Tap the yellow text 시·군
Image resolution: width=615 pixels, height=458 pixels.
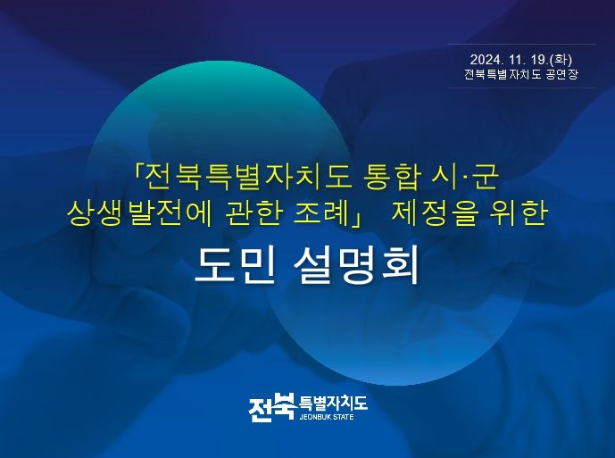[x=466, y=178]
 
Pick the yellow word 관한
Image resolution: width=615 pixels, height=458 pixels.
[x=254, y=213]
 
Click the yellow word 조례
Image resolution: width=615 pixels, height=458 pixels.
[x=321, y=213]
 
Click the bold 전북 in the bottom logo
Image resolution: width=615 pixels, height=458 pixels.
[x=271, y=407]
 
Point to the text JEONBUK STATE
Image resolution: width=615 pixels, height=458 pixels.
[x=327, y=417]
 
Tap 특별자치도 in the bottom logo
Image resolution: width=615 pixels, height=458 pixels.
[x=333, y=403]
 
